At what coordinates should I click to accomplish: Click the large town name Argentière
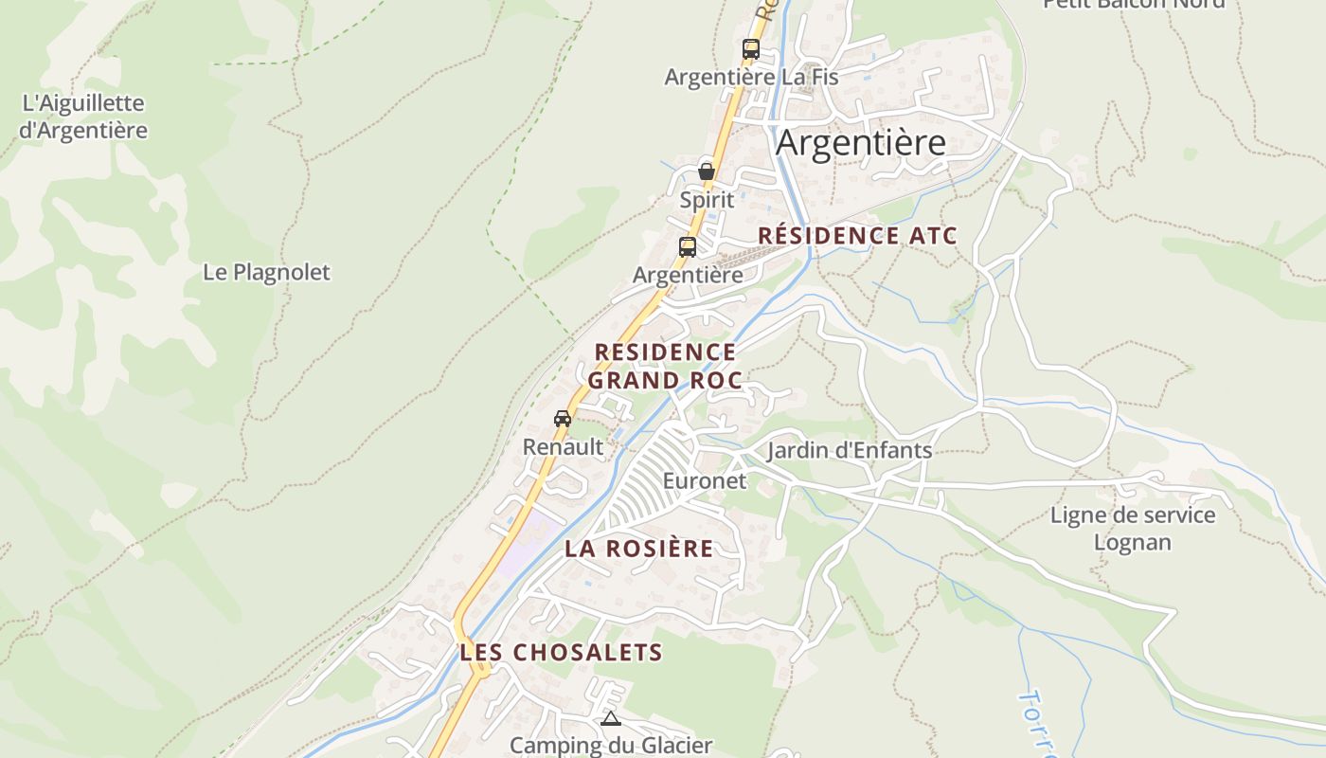[860, 143]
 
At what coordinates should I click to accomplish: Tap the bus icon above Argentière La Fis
[751, 49]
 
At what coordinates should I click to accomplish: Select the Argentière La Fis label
[751, 77]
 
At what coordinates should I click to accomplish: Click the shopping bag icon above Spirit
[707, 171]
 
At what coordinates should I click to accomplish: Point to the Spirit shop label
[707, 200]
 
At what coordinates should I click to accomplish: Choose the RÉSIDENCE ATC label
[858, 236]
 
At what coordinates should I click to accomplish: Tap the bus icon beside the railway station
[688, 247]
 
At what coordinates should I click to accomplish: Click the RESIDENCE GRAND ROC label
[665, 366]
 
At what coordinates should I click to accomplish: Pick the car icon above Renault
[563, 418]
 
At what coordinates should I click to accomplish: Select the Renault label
[563, 447]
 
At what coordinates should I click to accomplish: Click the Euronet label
[705, 480]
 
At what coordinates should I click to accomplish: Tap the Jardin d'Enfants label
[850, 450]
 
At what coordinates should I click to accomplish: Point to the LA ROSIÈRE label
[639, 549]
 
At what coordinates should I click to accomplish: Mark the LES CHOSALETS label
[561, 652]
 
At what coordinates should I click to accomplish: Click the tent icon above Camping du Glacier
[611, 719]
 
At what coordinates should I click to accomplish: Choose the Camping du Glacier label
[611, 746]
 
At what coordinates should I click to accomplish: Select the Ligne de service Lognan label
[1133, 529]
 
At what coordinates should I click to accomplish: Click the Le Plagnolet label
[266, 273]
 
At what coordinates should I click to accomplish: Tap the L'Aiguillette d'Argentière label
[83, 117]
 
